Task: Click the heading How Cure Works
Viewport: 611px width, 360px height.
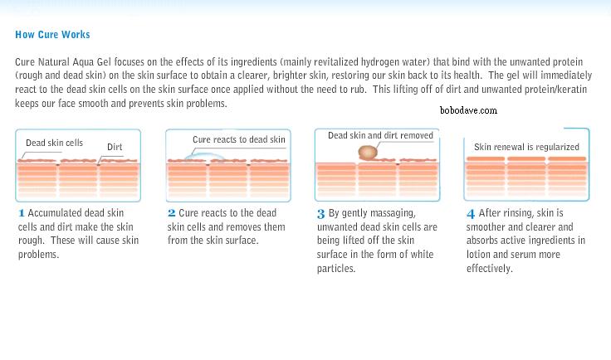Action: coord(52,35)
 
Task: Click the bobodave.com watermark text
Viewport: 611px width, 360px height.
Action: coord(468,110)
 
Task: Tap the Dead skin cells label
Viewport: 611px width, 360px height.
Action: coord(54,143)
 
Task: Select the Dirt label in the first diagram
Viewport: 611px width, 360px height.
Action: coord(115,147)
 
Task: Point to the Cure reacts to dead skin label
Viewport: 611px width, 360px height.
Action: coord(239,139)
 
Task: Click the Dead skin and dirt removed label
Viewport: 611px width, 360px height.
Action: coord(380,135)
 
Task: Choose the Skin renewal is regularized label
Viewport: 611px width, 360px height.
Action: coord(526,147)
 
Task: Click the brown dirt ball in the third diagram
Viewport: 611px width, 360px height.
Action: coord(368,153)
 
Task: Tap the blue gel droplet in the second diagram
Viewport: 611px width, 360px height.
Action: coord(204,157)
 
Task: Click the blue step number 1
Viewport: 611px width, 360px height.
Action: coord(22,213)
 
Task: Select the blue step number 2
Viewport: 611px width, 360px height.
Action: coord(172,213)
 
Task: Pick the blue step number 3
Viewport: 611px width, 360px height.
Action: coord(320,214)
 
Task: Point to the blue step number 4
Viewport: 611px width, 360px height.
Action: coord(471,214)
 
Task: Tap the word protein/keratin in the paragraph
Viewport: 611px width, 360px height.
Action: coord(555,90)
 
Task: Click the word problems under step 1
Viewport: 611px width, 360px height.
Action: coord(38,255)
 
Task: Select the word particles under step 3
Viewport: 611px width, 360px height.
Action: coord(336,269)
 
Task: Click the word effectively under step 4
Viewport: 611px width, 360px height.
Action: coord(490,269)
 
